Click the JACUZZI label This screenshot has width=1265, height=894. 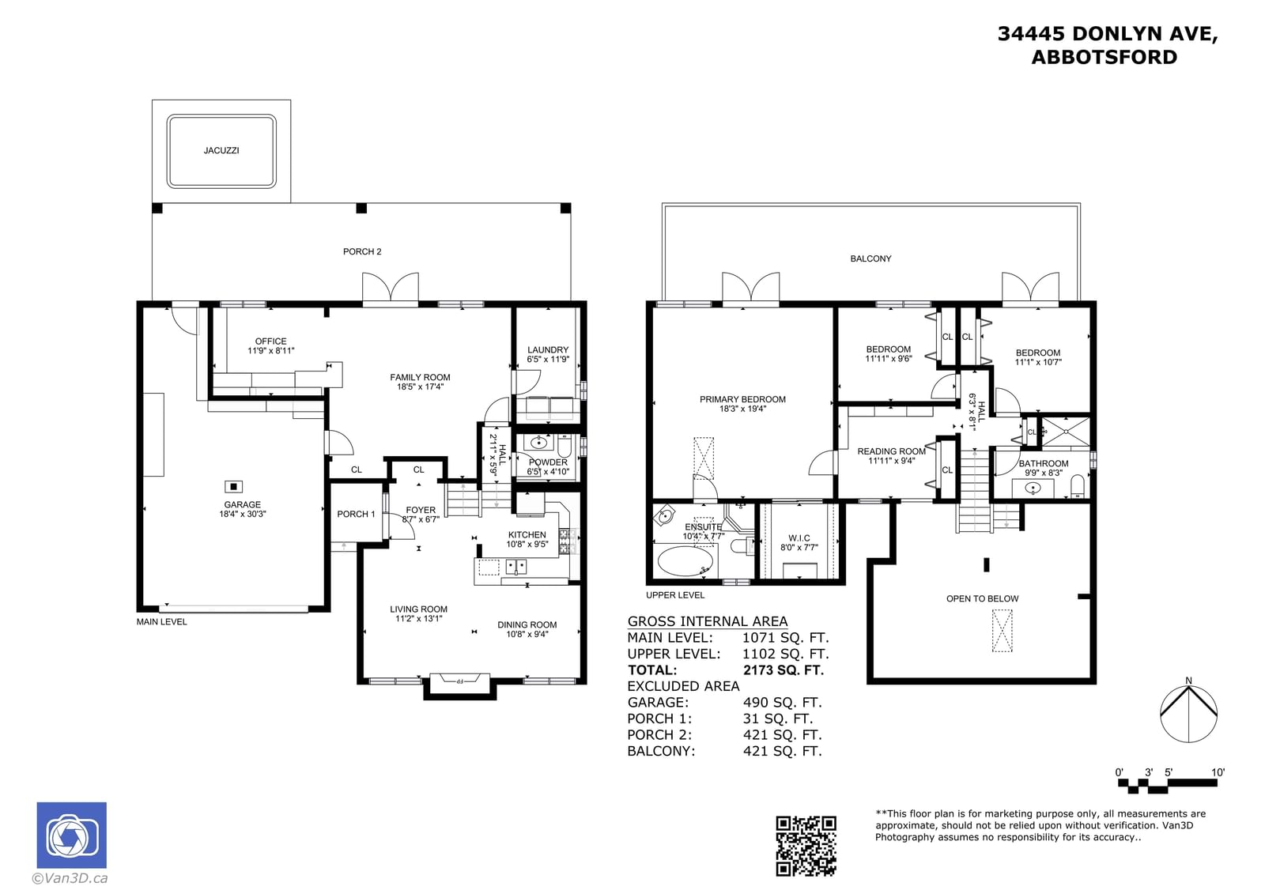coord(221,150)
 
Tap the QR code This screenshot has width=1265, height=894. coord(806,846)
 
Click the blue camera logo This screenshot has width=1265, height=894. coord(72,835)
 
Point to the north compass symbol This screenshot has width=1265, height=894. coord(1188,713)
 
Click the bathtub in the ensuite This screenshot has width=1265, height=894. coord(685,560)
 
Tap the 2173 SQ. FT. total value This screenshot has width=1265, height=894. coord(784,670)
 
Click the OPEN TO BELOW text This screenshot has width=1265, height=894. coord(982,598)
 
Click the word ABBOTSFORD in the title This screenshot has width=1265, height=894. coord(1104,57)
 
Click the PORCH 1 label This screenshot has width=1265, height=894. coord(356,514)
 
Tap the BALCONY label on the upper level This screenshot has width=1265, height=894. coord(870,258)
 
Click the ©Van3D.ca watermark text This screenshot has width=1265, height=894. coord(70,878)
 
